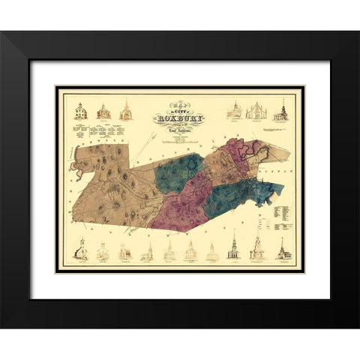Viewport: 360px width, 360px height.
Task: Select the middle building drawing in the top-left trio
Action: point(103,112)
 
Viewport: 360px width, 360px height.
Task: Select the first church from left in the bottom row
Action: point(80,250)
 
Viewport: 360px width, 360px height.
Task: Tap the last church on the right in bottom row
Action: point(283,249)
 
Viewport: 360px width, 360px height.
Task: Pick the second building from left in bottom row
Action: point(103,252)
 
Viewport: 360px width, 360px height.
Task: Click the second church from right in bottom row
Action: point(257,249)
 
